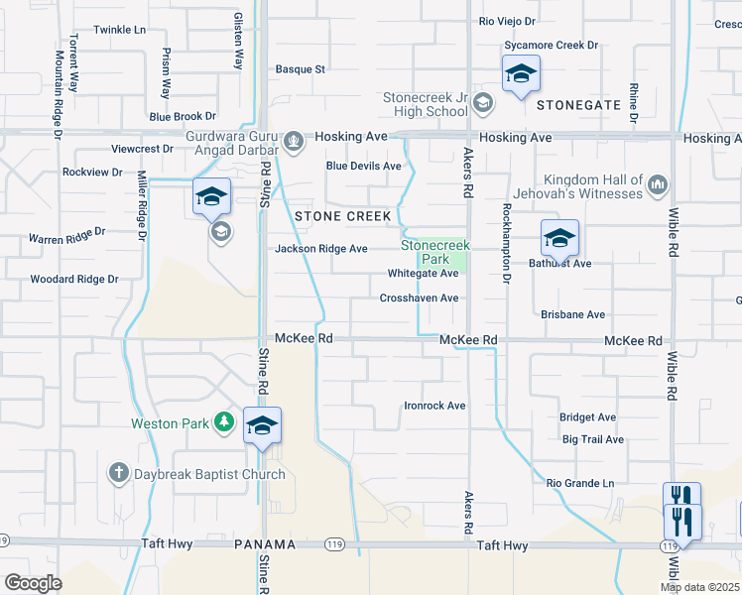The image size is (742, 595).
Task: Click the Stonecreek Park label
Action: pos(434,251)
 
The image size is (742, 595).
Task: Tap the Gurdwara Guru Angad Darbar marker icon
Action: pos(294,141)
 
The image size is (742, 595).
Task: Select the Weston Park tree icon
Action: pos(225,423)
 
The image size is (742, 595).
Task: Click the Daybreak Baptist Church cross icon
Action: pos(118,474)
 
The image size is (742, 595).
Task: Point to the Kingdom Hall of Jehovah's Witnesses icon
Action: pos(658,183)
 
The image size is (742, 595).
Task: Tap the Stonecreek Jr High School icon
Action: pos(482,102)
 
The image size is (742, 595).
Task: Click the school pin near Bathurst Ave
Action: pos(559,239)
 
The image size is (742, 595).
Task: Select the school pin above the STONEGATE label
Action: pos(520,74)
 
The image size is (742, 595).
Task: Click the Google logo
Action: pos(33,583)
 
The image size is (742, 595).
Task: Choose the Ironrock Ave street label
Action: pos(434,406)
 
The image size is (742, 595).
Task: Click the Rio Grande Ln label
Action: pos(580,483)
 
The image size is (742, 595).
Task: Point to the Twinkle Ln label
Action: pos(119,30)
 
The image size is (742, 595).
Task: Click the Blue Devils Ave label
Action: pos(364,166)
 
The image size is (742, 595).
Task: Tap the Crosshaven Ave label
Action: pos(419,297)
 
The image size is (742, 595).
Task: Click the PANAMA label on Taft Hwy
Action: pos(265,545)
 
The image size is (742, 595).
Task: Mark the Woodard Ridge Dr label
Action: pos(74,280)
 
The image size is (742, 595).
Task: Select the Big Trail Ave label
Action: pos(592,439)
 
